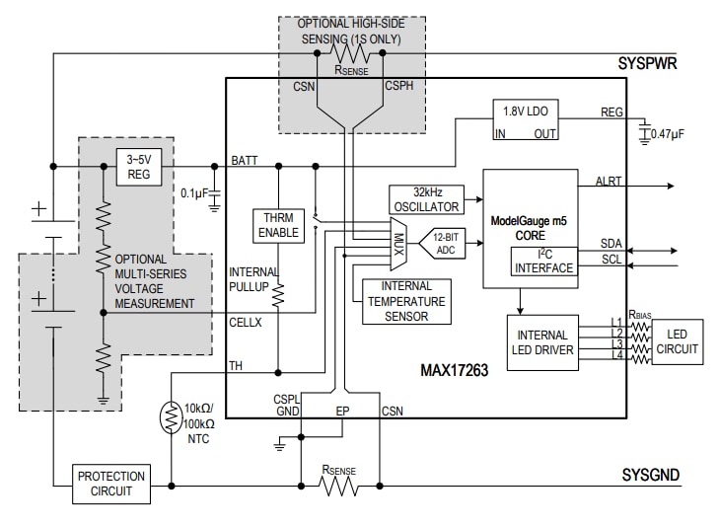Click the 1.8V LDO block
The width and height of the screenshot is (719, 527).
pos(525,121)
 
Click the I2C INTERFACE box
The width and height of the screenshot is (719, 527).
pos(542,261)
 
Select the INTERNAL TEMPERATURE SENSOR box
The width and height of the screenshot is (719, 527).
pos(406,302)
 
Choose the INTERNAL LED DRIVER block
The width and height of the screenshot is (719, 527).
pos(543,342)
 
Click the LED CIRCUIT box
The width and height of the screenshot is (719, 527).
pos(677,341)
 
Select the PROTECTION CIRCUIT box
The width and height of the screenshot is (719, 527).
pos(111,484)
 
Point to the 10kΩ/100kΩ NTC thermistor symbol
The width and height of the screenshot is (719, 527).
pos(172,419)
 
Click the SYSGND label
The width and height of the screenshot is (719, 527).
pos(650,476)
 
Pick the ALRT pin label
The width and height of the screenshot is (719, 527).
pos(610,182)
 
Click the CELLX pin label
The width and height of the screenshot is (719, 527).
pos(246,322)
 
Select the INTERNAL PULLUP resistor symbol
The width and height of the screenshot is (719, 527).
pos(278,293)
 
